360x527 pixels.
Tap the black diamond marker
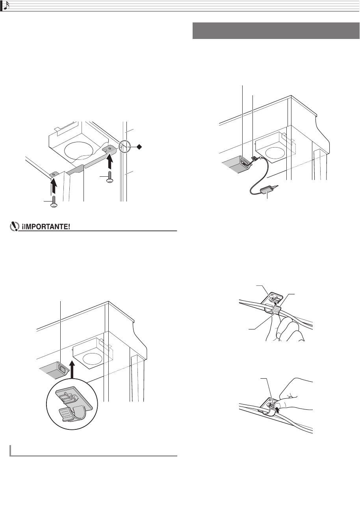pyautogui.click(x=139, y=147)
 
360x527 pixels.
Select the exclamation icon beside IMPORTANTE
pyautogui.click(x=14, y=227)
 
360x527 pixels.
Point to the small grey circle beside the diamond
pyautogui.click(x=124, y=146)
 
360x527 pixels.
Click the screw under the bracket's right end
pyautogui.click(x=110, y=177)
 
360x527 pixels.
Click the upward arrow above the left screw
pyautogui.click(x=54, y=185)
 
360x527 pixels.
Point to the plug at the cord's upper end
pyautogui.click(x=254, y=159)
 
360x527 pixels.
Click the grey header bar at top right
pyautogui.click(x=276, y=31)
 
